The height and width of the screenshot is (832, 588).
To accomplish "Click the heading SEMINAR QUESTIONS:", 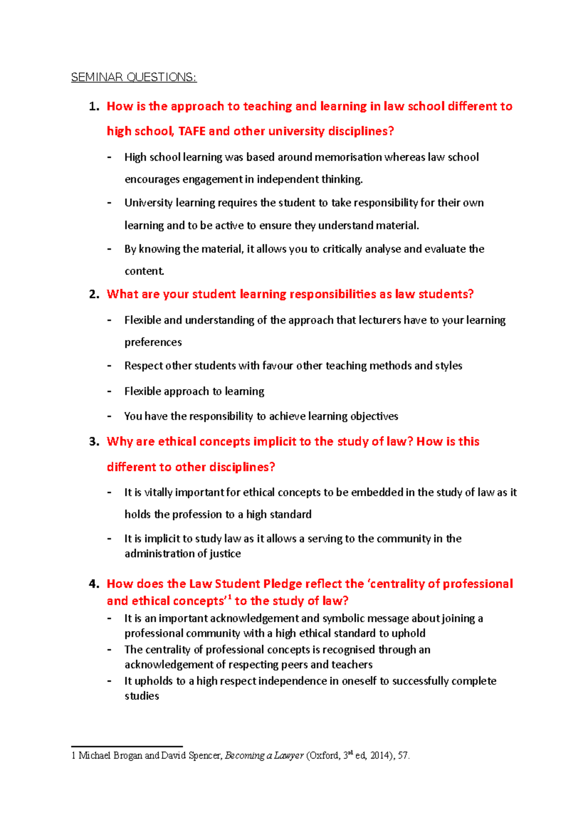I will point(134,77).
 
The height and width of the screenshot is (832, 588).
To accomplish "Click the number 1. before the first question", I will point(94,106).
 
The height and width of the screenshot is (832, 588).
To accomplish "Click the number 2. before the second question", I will point(94,294).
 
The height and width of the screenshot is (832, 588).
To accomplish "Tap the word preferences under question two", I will point(153,342).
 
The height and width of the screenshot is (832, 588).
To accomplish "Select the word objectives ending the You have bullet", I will point(375,416).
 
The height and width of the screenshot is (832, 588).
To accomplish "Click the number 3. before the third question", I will point(94,441).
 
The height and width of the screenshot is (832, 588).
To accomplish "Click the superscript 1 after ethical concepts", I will point(230,597).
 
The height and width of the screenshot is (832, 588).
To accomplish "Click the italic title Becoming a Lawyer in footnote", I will point(264,756).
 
